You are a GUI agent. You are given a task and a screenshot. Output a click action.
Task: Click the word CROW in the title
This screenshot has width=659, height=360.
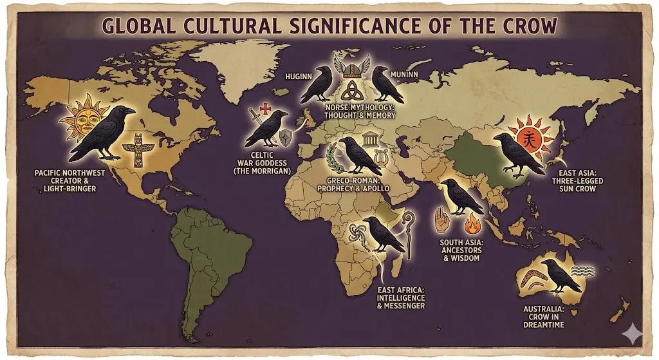[519, 28]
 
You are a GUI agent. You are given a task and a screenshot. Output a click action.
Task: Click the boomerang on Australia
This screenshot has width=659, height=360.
[536, 283]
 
